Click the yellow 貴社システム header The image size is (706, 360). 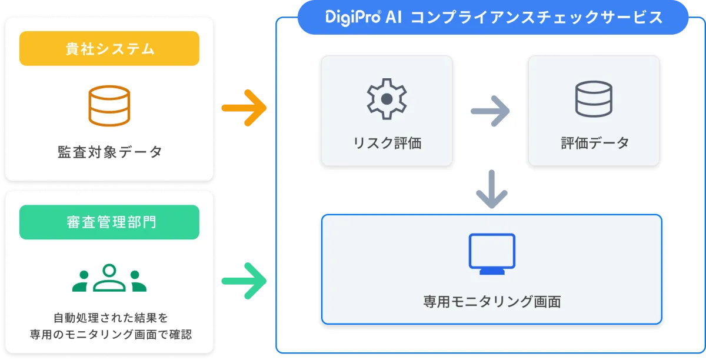pyautogui.click(x=109, y=49)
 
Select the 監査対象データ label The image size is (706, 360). pyautogui.click(x=109, y=152)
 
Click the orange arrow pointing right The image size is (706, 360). pyautogui.click(x=244, y=108)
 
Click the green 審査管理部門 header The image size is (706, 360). pyautogui.click(x=109, y=222)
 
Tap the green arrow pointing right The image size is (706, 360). pyautogui.click(x=244, y=281)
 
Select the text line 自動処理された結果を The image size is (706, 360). pyautogui.click(x=111, y=318)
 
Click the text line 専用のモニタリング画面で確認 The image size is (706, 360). pyautogui.click(x=111, y=335)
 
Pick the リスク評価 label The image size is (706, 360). pyautogui.click(x=387, y=143)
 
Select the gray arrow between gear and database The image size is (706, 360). pyautogui.click(x=490, y=111)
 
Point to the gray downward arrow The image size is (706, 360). pyautogui.click(x=492, y=189)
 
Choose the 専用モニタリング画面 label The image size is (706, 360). pyautogui.click(x=492, y=302)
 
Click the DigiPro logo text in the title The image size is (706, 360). pyautogui.click(x=353, y=17)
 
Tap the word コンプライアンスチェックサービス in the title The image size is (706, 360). pyautogui.click(x=537, y=17)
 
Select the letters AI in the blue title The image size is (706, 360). pyautogui.click(x=394, y=17)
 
